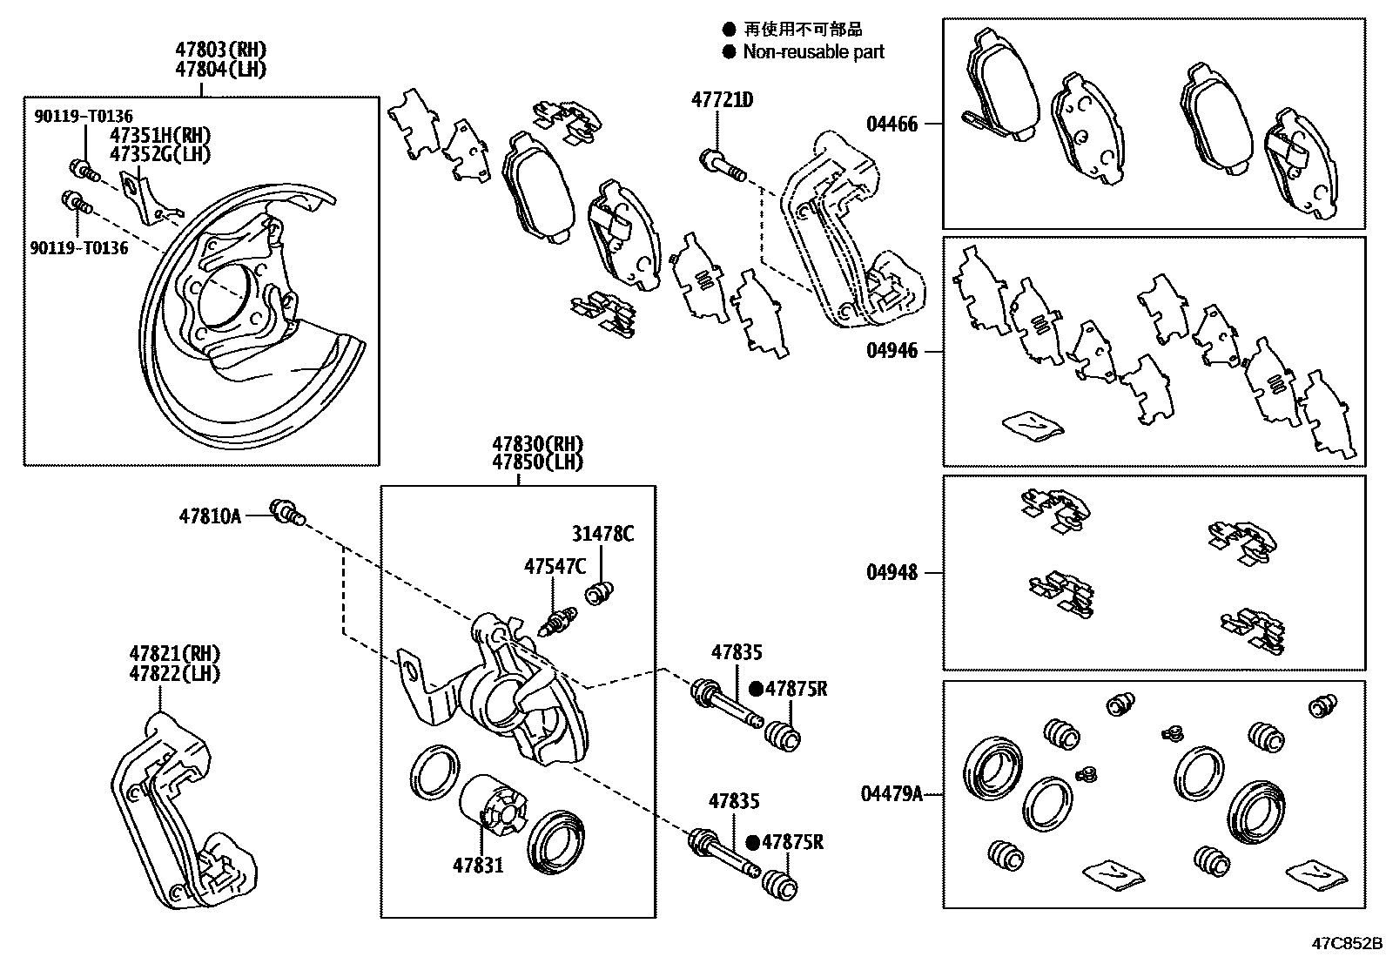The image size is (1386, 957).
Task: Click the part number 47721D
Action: click(x=722, y=100)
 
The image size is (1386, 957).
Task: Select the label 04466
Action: click(x=891, y=125)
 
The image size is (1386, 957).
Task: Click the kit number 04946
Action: click(x=891, y=352)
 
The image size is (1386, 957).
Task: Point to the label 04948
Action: click(x=891, y=573)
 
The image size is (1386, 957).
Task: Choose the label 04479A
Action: click(x=891, y=794)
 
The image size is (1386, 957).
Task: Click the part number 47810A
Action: click(x=210, y=516)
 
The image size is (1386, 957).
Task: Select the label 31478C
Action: click(x=602, y=534)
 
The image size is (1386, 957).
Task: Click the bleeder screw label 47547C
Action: click(x=555, y=567)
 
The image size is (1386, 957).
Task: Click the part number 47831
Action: click(x=477, y=866)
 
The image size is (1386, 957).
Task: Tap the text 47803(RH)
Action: click(x=220, y=49)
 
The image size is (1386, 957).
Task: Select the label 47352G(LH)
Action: click(x=160, y=154)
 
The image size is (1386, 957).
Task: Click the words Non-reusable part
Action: click(x=813, y=52)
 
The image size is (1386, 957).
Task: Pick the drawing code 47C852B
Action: click(x=1348, y=943)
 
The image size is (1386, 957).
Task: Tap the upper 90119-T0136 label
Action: click(x=84, y=116)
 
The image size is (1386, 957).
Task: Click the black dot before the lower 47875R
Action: click(x=752, y=843)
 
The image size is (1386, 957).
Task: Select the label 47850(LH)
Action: click(x=537, y=462)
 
